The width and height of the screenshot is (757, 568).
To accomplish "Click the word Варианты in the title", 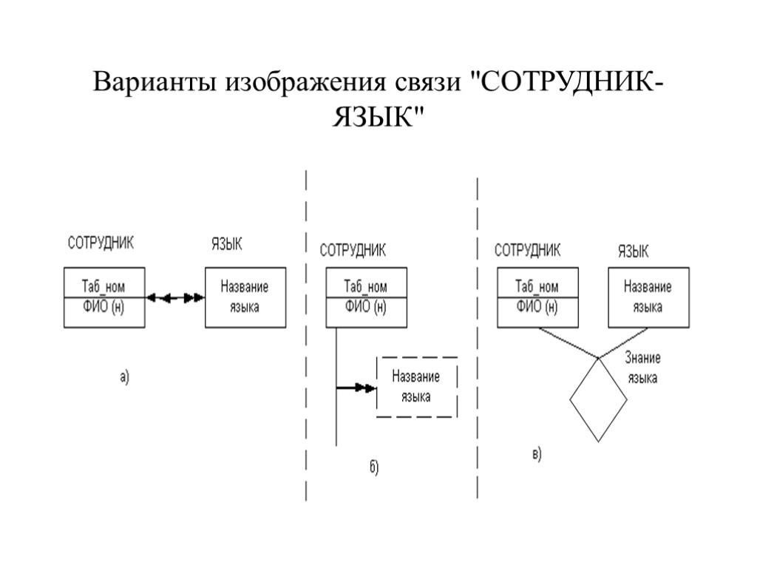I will pyautogui.click(x=149, y=81).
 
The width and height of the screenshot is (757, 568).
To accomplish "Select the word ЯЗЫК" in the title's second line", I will pyautogui.click(x=378, y=116).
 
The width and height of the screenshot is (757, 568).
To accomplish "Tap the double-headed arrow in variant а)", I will pyautogui.click(x=174, y=297).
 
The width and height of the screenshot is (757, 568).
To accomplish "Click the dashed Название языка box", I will pyautogui.click(x=417, y=387).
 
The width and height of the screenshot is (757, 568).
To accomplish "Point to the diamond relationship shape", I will pyautogui.click(x=598, y=400).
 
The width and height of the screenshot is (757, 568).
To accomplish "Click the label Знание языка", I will pyautogui.click(x=642, y=368).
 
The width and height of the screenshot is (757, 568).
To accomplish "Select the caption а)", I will pyautogui.click(x=123, y=377).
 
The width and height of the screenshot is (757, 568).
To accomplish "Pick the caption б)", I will pyautogui.click(x=373, y=467).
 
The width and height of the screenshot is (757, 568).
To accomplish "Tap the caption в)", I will pyautogui.click(x=537, y=454).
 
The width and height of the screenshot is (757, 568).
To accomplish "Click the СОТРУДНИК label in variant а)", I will pyautogui.click(x=101, y=243).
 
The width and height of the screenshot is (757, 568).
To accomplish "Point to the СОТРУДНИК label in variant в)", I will pyautogui.click(x=527, y=250).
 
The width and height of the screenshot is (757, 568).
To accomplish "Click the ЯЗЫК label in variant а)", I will pyautogui.click(x=227, y=244).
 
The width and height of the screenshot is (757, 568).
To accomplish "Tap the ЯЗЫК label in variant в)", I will pyautogui.click(x=634, y=251).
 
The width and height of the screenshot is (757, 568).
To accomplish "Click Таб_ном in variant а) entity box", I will pyautogui.click(x=103, y=286).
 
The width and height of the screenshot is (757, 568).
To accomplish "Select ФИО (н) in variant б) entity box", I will pyautogui.click(x=366, y=306).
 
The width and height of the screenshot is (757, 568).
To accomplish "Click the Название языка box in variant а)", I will pyautogui.click(x=245, y=297).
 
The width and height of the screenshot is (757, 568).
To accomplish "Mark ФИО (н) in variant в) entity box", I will pyautogui.click(x=537, y=306).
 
